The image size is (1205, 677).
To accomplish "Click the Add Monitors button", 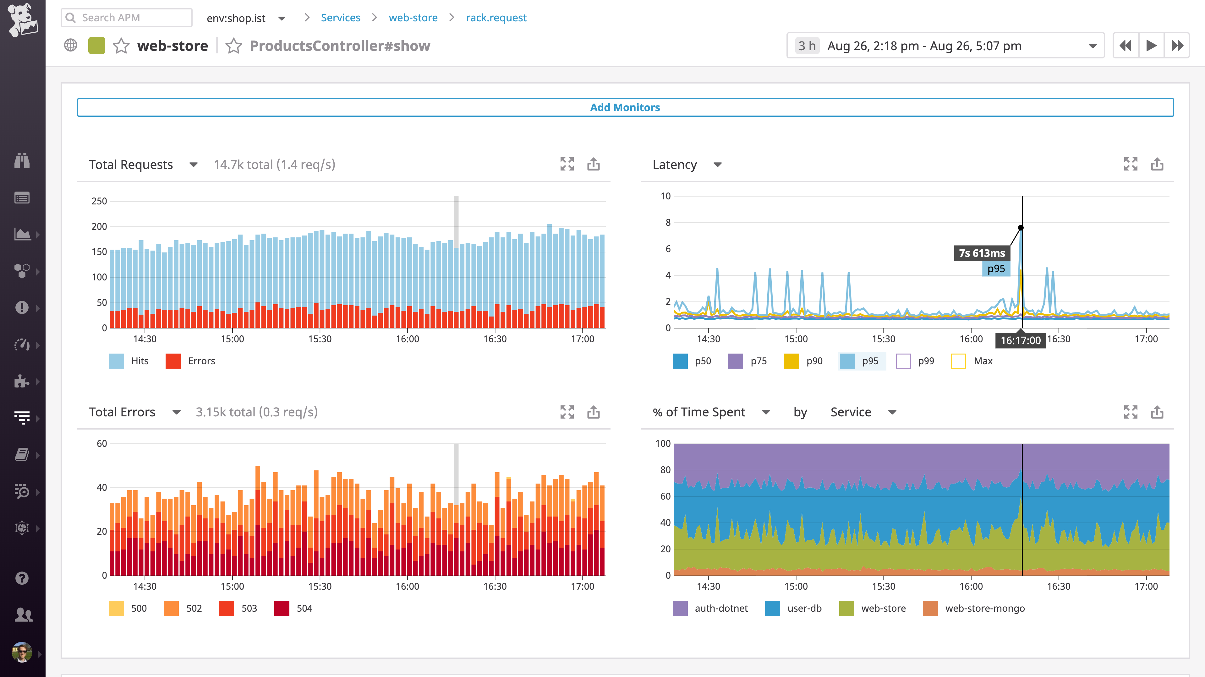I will tap(625, 107).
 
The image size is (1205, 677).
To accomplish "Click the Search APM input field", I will tap(131, 18).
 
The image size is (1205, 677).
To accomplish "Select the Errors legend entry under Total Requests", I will tap(191, 361).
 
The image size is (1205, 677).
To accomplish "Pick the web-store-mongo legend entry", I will tap(974, 608).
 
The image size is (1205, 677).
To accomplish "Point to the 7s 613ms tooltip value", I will tap(981, 253).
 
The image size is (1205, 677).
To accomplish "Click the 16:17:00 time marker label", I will tap(1020, 340).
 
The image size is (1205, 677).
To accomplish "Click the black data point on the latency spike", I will tap(1021, 228).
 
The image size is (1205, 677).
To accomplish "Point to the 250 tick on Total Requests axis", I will tap(99, 201).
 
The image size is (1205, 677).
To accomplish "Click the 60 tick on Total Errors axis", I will tap(101, 443).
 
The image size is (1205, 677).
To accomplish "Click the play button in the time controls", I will tap(1151, 45).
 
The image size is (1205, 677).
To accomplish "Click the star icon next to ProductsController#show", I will tap(233, 46).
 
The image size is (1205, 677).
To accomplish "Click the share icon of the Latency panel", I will tap(1157, 164).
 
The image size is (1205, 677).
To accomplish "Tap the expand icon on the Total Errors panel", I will tap(567, 412).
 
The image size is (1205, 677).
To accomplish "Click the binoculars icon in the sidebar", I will tap(22, 160).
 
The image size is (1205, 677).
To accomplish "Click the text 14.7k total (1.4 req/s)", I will tap(274, 165).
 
